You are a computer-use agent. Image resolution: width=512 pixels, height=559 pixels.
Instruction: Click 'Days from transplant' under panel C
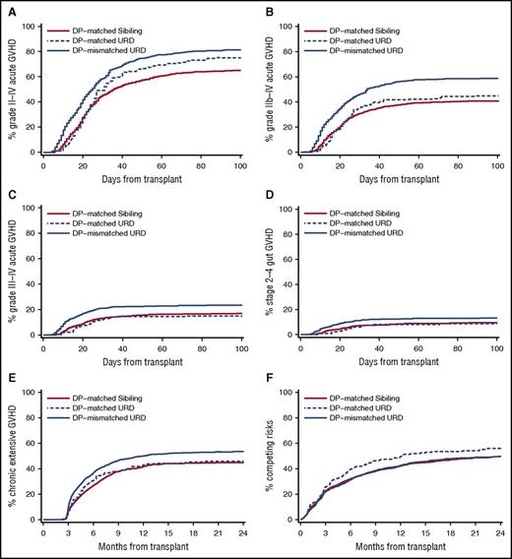pos(143,363)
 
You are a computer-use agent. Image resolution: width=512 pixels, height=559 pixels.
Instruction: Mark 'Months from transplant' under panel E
pos(143,549)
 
